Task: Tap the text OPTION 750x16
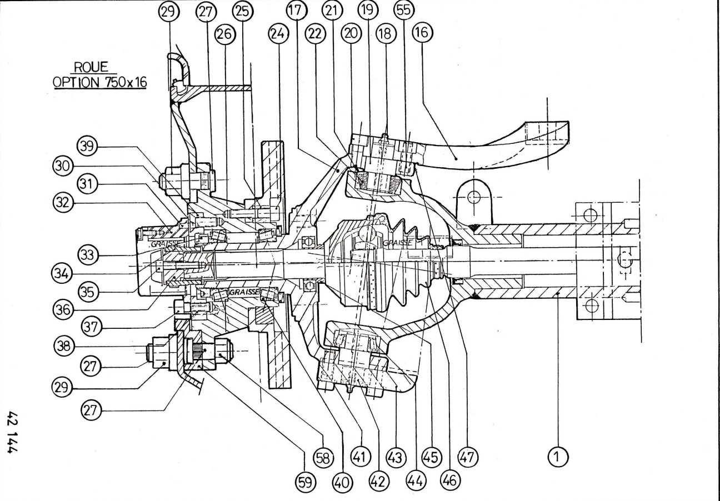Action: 99,83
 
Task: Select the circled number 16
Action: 422,33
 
